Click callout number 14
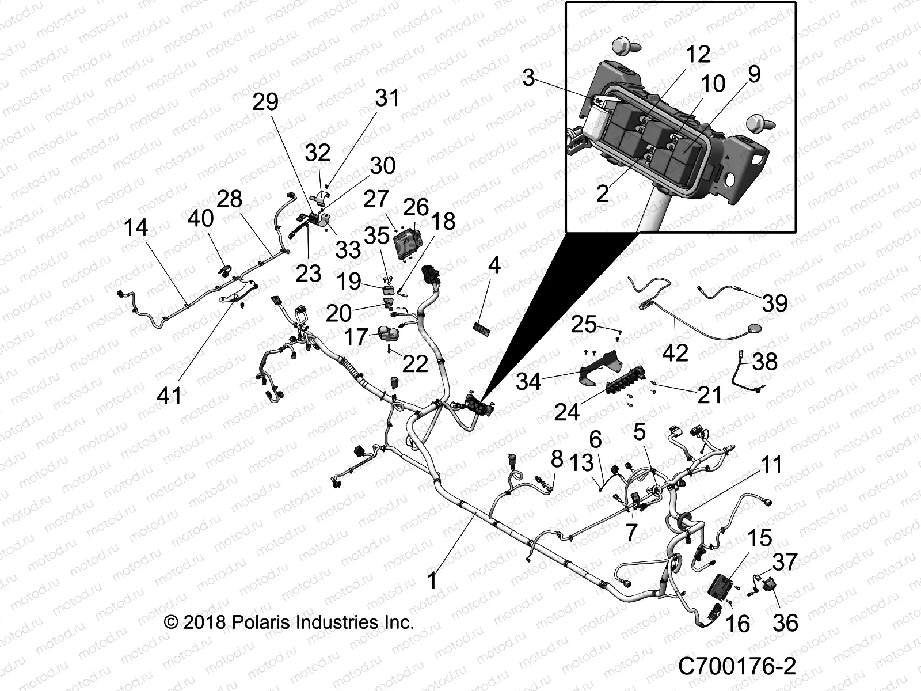(x=136, y=228)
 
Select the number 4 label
(x=494, y=265)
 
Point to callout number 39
(x=774, y=303)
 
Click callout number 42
(x=675, y=352)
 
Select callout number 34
(x=528, y=382)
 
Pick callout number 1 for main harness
(x=432, y=580)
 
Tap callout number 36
(x=786, y=622)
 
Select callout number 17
(x=356, y=337)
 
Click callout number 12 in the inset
(x=698, y=55)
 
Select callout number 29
(x=265, y=101)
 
